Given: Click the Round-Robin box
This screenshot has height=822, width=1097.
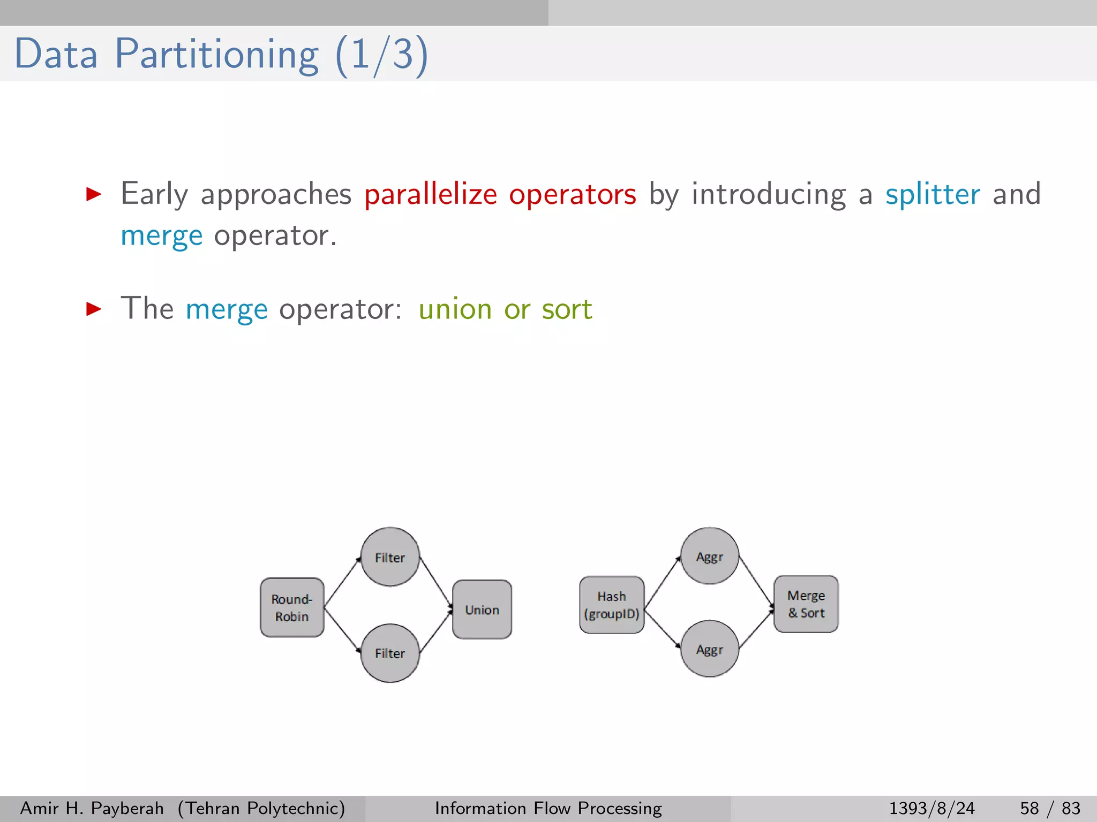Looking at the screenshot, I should [x=292, y=607].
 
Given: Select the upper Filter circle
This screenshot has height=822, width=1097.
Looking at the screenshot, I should [x=390, y=557].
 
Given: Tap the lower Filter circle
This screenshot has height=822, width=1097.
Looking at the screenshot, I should [x=390, y=653].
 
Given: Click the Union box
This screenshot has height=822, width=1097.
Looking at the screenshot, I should [x=482, y=610].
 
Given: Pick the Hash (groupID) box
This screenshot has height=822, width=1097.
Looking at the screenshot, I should [x=612, y=605].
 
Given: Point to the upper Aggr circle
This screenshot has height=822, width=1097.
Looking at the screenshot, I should [x=710, y=556].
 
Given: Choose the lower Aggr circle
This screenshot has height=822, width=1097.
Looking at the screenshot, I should [x=710, y=649].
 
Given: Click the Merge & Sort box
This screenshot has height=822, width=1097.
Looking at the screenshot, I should [x=806, y=604].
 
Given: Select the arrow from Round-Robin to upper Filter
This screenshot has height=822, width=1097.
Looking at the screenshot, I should [x=343, y=582].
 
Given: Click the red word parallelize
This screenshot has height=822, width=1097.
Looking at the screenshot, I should [x=431, y=194].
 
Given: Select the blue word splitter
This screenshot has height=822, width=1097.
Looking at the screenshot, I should [x=933, y=194].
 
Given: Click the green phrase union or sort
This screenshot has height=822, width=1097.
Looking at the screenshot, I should [x=505, y=309].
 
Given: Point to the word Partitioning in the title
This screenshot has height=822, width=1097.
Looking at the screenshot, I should [x=216, y=54].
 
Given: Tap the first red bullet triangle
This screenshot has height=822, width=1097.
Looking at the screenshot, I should [x=94, y=194].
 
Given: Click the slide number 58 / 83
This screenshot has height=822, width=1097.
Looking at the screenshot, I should [x=1050, y=808].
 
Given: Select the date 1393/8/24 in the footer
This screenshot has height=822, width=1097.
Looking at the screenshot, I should [x=931, y=808].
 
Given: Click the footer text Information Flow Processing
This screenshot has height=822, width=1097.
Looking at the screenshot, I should [x=548, y=808].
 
